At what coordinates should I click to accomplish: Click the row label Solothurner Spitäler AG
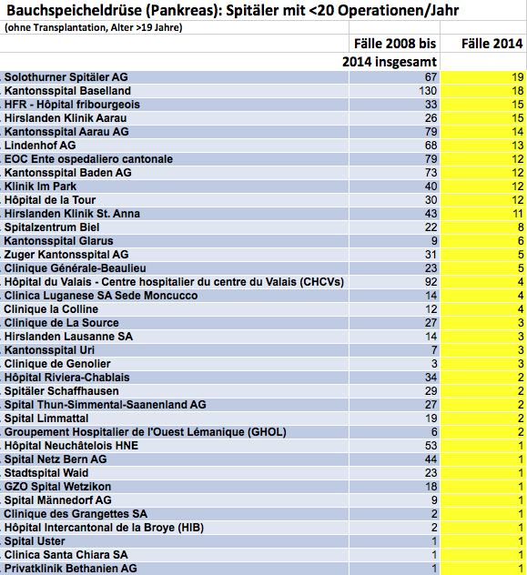66,77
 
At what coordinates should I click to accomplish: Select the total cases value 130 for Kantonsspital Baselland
428,91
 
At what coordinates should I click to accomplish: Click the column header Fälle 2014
492,44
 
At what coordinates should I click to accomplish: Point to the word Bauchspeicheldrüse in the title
74,11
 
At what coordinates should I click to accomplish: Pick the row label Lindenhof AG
40,146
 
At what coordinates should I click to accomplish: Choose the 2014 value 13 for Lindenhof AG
518,146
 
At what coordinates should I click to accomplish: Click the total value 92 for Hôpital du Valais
431,282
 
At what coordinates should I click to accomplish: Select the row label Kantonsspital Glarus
58,241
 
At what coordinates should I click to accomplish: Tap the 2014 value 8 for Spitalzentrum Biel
521,227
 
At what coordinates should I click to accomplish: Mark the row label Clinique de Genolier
57,364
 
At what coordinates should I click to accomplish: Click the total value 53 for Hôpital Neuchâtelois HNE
431,446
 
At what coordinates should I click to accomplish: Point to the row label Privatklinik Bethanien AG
70,569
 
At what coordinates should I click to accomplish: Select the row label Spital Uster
35,541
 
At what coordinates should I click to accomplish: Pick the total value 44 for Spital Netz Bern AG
431,459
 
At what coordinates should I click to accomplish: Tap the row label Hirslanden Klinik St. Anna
72,214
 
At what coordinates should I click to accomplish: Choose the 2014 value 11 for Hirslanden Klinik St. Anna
518,214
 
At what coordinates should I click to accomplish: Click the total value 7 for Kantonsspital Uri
434,350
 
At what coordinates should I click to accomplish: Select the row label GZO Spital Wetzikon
57,487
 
